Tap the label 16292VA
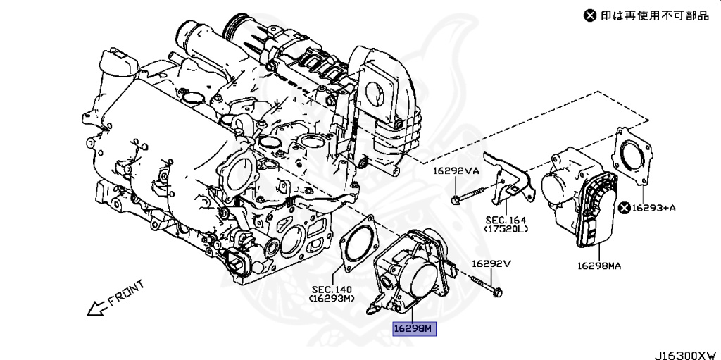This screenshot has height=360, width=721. [x=456, y=171]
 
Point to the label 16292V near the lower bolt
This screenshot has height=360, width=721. [x=490, y=264]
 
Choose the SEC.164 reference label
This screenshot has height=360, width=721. [x=506, y=219]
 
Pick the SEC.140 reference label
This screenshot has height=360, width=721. [x=332, y=289]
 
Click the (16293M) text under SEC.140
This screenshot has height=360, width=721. [x=332, y=299]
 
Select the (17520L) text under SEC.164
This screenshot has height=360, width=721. [x=506, y=229]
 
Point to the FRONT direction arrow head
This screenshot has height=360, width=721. [x=89, y=310]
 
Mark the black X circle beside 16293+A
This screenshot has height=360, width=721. [x=624, y=207]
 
